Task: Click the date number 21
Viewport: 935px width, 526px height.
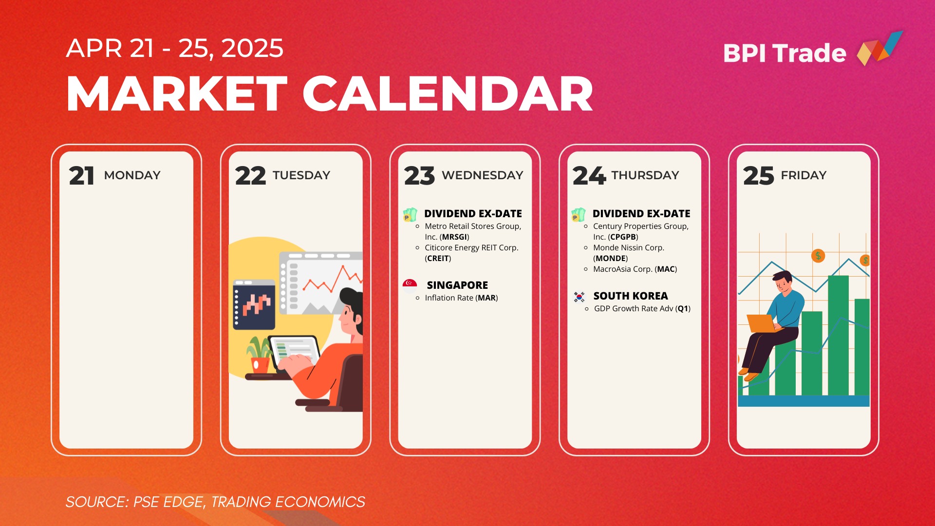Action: coord(81,176)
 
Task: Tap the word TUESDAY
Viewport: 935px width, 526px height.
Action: coord(301,175)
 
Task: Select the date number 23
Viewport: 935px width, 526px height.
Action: coord(419,176)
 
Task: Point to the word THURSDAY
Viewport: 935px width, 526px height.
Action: coord(645,175)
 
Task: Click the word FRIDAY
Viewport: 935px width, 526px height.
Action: coord(804,175)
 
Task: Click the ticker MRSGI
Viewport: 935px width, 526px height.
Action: coord(454,237)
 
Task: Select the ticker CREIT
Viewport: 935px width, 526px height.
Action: coord(438,259)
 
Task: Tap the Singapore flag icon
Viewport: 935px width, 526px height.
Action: coord(410,283)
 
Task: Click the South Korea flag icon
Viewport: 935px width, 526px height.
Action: coord(579,297)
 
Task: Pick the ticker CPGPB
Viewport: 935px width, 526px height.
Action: coord(623,237)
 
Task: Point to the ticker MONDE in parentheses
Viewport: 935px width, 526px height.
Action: coord(611,259)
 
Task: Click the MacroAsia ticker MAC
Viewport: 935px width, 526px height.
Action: coord(666,269)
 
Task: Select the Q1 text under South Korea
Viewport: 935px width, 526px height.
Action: coord(683,309)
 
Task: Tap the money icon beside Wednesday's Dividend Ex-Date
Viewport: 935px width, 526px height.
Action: coord(410,215)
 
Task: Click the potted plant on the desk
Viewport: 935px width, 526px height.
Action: coord(260,354)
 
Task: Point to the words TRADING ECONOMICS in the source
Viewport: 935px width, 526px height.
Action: coord(288,502)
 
